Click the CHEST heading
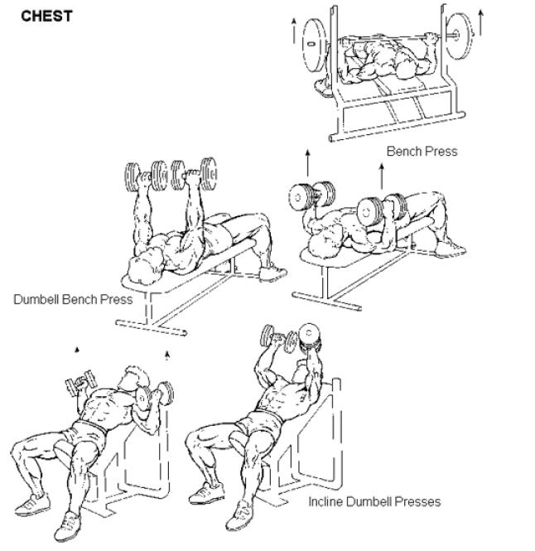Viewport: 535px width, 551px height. click(x=46, y=17)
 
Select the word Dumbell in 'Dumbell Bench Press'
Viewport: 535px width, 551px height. click(x=36, y=299)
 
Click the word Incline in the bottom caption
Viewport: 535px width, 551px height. click(x=325, y=501)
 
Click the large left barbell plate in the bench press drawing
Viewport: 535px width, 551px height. click(x=313, y=45)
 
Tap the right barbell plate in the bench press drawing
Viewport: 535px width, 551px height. click(x=459, y=36)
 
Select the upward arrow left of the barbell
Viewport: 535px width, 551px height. click(x=294, y=31)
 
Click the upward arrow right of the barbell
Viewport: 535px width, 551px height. click(x=481, y=23)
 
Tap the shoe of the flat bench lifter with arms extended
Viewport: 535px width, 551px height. click(x=272, y=273)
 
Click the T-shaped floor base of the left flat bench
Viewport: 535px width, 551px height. click(x=152, y=326)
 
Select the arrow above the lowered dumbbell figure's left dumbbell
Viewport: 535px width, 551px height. click(x=308, y=163)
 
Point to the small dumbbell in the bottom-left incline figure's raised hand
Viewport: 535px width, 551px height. click(x=80, y=382)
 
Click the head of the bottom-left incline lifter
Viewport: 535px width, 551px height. click(x=134, y=379)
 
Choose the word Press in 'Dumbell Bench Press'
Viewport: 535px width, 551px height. click(x=116, y=299)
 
